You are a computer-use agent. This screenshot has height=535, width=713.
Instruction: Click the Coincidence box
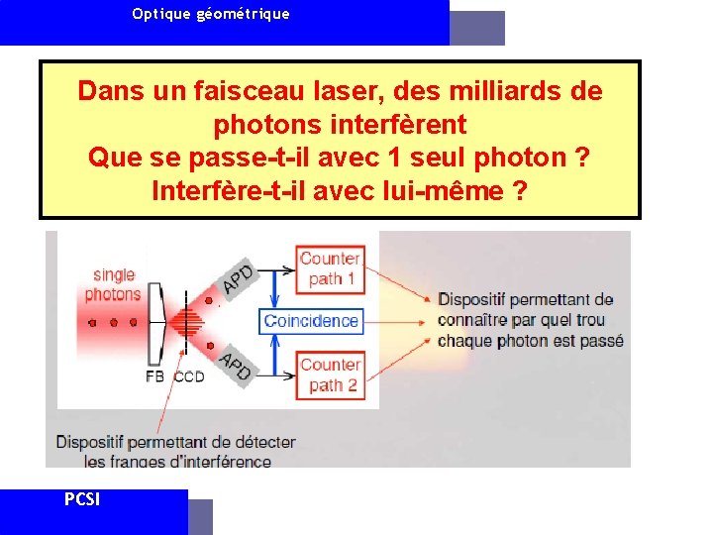click(311, 321)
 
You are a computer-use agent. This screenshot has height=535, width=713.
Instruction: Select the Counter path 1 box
click(331, 268)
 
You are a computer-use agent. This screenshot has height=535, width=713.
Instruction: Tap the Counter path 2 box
click(331, 374)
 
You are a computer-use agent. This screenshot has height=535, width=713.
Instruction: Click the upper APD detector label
click(238, 278)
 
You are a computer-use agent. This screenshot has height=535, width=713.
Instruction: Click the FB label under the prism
click(154, 377)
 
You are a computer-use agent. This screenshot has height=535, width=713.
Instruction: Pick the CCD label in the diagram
click(189, 377)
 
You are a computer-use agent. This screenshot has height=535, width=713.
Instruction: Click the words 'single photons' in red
click(113, 284)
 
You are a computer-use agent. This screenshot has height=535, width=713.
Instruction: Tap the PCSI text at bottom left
click(81, 499)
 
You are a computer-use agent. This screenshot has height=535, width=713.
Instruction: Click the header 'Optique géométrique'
click(211, 14)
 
